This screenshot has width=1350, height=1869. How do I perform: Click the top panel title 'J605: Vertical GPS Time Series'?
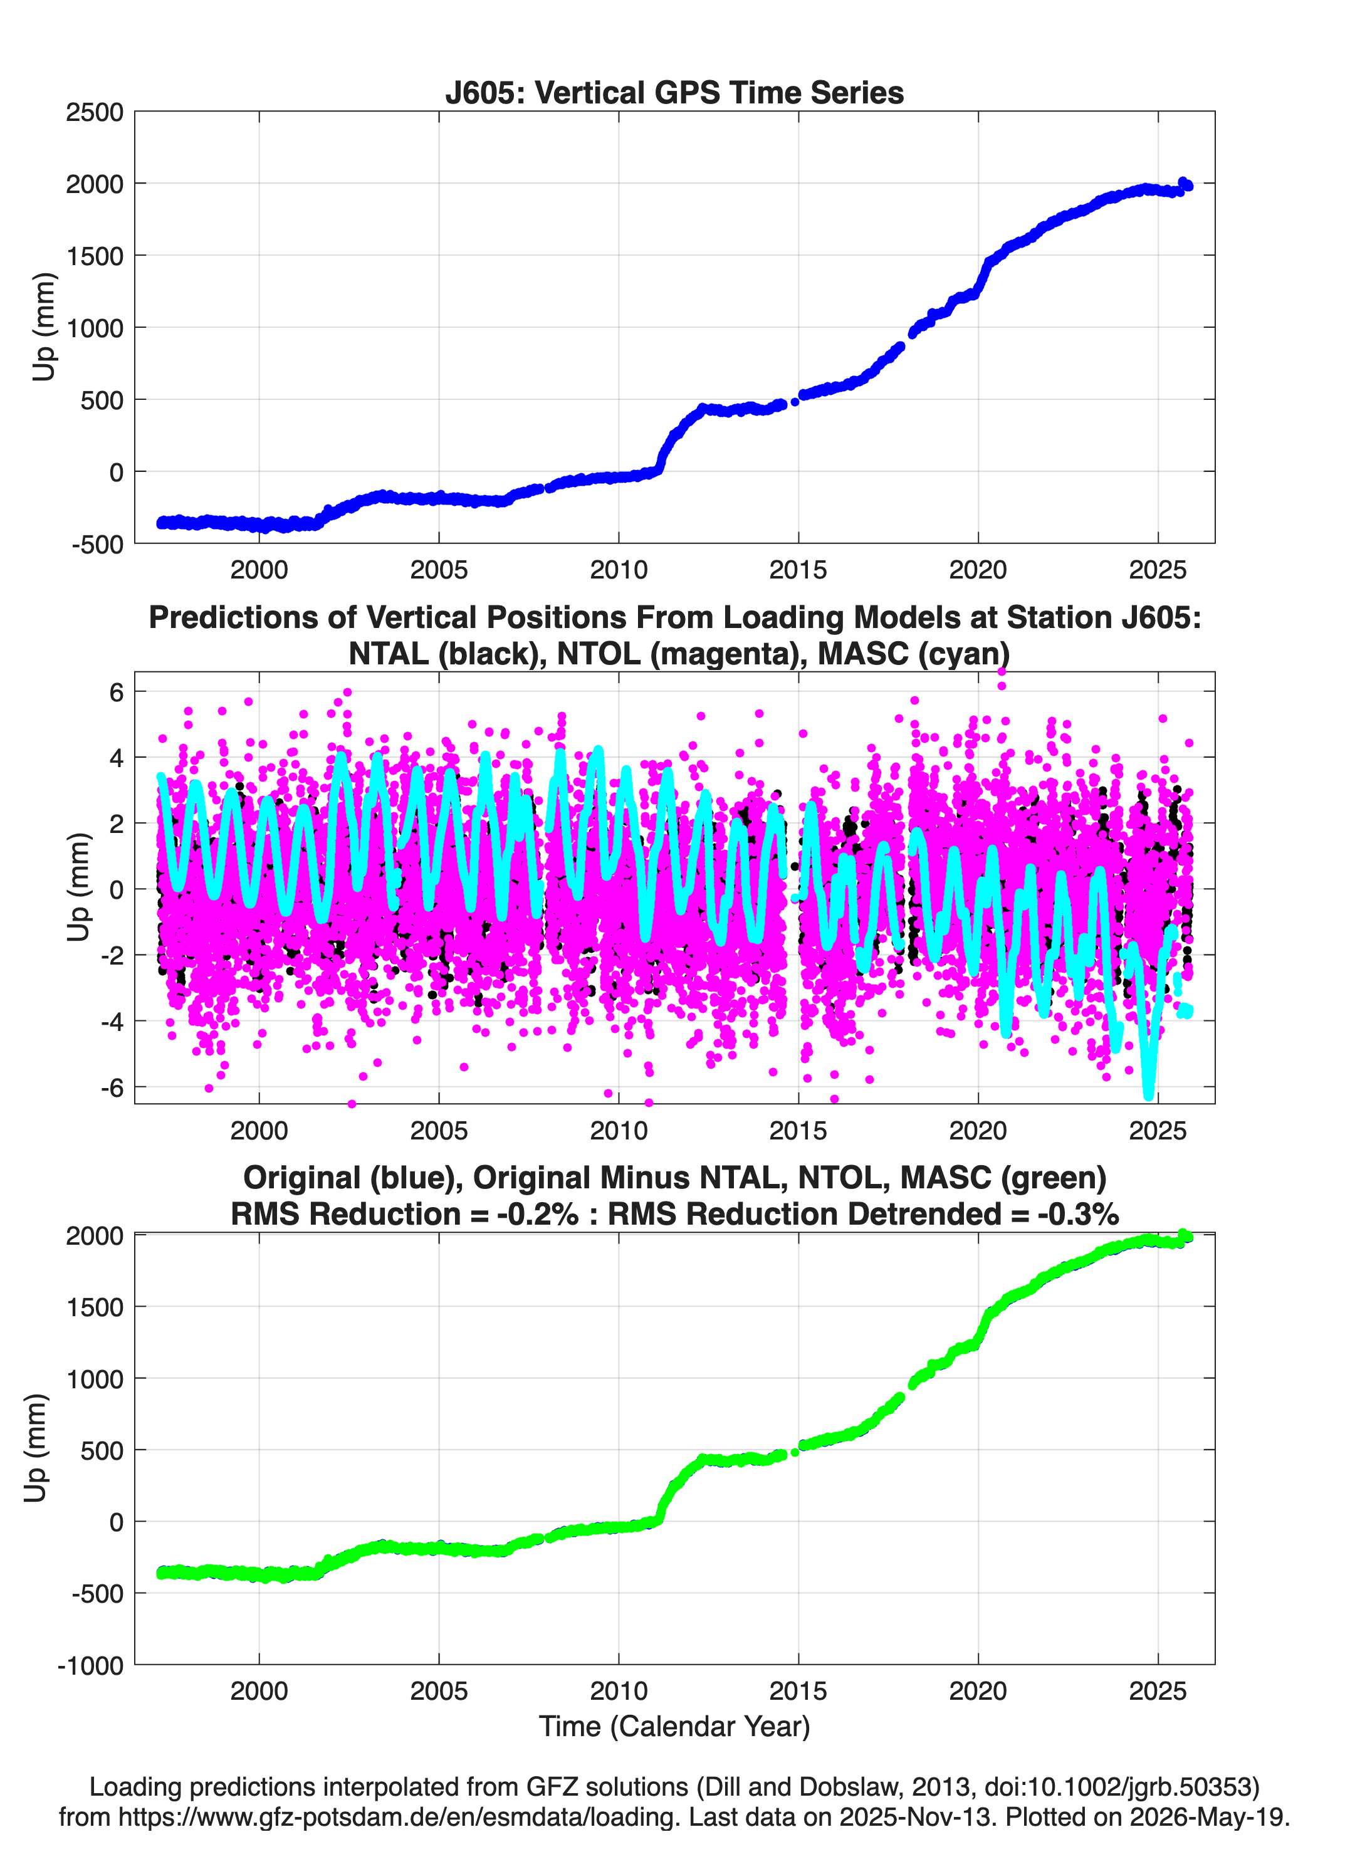674,92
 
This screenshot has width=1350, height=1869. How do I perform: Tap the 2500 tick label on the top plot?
94,112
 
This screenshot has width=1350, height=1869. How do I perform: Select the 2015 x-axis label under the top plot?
798,570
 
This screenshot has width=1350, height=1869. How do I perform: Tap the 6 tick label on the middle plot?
116,692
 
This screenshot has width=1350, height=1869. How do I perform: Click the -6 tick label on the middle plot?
112,1089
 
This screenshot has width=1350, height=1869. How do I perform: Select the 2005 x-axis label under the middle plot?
439,1130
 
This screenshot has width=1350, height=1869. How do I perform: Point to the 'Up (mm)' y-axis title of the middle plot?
78,887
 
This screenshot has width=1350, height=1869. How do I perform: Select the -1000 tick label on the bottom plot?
91,1665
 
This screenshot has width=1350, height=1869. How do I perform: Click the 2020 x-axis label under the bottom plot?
978,1691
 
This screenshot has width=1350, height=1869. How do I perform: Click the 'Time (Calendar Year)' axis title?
674,1727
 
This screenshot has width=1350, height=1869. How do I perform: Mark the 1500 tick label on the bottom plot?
95,1307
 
